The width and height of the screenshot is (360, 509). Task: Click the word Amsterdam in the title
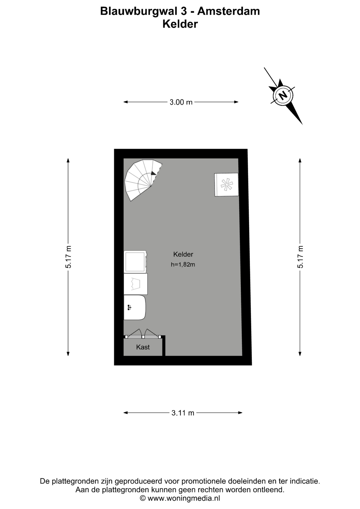(x=229, y=11)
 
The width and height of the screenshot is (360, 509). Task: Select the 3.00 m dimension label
(x=181, y=102)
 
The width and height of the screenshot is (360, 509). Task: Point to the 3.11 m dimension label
(x=183, y=413)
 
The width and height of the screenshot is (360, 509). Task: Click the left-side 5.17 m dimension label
(x=68, y=257)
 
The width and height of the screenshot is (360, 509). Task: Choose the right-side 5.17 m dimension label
(x=300, y=257)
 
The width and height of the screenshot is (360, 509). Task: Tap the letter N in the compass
(x=283, y=95)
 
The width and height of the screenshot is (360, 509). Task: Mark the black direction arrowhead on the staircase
(x=153, y=173)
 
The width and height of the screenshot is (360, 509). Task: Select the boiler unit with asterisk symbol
(x=226, y=185)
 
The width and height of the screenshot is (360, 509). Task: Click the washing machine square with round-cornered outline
(x=135, y=262)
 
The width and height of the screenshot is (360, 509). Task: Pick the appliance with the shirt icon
(x=135, y=284)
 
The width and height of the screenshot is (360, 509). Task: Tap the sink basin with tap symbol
(x=135, y=308)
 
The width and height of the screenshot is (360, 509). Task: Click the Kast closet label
(x=143, y=347)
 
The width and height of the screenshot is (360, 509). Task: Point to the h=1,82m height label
(x=183, y=265)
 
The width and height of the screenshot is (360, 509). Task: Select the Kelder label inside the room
(x=183, y=254)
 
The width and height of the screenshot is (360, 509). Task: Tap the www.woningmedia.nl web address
(x=184, y=498)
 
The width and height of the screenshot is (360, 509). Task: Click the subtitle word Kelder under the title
(x=180, y=24)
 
